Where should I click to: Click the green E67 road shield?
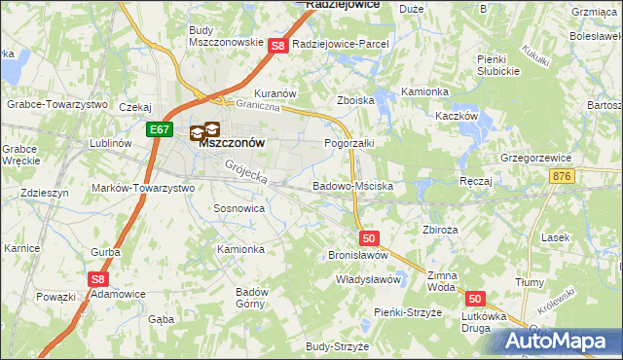(x=161, y=127)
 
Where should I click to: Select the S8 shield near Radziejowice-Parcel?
(x=277, y=45)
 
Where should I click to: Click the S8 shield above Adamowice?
(x=97, y=278)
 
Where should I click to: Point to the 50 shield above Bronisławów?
(x=368, y=237)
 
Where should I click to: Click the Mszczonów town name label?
(x=233, y=142)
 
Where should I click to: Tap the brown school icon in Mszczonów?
(x=204, y=129)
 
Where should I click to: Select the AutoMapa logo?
(x=558, y=342)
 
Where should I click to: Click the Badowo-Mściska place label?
(x=352, y=185)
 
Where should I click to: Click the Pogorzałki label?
(x=349, y=143)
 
